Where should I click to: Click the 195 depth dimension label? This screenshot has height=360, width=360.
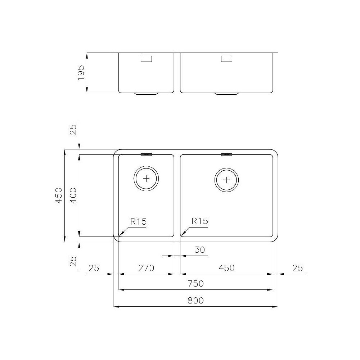[x=81, y=73]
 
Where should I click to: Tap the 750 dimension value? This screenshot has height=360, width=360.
[x=196, y=284]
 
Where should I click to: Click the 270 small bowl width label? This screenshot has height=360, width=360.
[x=146, y=268]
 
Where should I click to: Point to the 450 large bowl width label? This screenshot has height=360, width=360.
[x=226, y=268]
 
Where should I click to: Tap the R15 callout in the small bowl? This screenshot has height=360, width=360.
[x=139, y=221]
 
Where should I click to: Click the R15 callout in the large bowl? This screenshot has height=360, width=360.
[x=200, y=221]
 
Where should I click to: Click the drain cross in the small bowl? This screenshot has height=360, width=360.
[x=146, y=179]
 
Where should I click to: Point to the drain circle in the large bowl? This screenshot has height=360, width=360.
[x=226, y=179]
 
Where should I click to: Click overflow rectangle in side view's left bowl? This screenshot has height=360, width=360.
[x=146, y=59]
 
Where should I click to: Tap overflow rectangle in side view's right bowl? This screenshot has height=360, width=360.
[x=226, y=59]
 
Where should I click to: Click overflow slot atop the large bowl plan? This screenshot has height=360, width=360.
[x=226, y=154]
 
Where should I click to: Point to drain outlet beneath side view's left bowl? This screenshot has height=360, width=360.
[x=146, y=94]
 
